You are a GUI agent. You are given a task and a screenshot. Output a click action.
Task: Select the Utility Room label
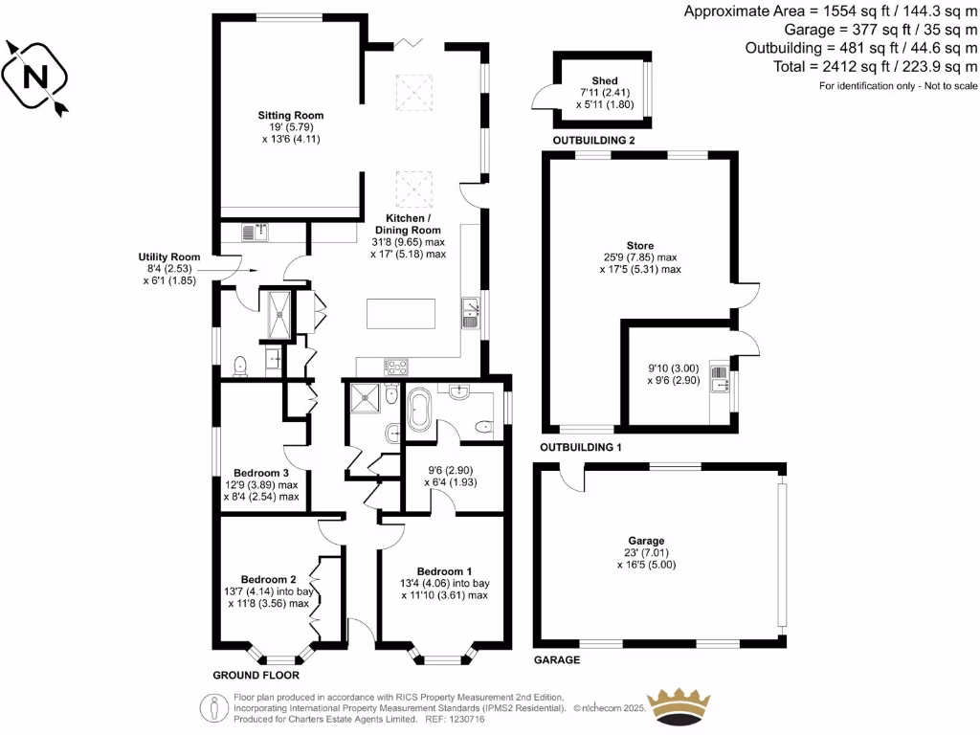pyautogui.click(x=168, y=256)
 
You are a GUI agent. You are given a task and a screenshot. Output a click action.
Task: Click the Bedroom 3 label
pyautogui.click(x=260, y=473)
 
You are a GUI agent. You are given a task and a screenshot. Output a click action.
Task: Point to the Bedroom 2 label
pyautogui.click(x=268, y=579)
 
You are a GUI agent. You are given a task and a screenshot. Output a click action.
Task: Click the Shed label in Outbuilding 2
pyautogui.click(x=604, y=80)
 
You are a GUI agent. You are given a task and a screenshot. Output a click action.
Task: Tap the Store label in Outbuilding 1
pyautogui.click(x=639, y=244)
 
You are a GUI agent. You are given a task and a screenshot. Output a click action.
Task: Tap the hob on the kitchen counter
pyautogui.click(x=396, y=366)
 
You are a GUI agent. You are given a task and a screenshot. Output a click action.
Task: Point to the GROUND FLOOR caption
pyautogui.click(x=251, y=675)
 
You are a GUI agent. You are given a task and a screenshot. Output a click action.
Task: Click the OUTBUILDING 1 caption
pyautogui.click(x=581, y=447)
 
